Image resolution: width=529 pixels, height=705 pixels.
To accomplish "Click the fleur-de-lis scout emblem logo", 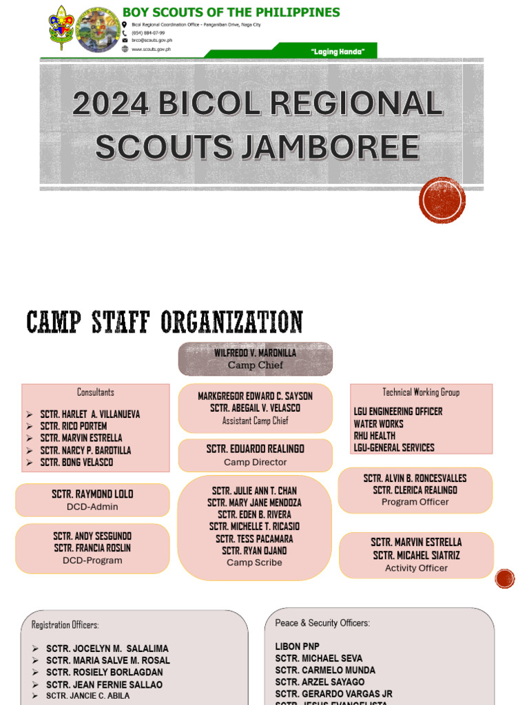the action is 61,28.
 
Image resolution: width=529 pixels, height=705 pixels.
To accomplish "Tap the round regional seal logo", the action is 98,30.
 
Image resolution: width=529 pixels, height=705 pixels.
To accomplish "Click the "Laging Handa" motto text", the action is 338,52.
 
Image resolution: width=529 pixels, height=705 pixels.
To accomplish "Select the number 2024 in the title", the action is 111,103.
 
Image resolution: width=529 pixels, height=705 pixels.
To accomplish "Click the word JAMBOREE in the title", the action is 333,147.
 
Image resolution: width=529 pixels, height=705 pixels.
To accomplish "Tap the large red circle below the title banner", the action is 442,200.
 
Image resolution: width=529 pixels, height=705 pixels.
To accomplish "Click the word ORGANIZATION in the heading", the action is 231,322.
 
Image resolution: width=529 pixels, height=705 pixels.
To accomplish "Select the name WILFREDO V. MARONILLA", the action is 255,353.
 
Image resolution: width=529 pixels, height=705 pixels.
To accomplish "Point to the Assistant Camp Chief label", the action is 255,421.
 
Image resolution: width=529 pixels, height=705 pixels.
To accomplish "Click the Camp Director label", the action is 255,462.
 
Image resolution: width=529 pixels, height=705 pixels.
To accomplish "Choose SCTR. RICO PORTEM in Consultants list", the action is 74,425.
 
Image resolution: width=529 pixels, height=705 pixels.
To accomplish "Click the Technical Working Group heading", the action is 421,392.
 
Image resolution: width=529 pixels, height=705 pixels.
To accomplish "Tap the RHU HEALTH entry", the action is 374,436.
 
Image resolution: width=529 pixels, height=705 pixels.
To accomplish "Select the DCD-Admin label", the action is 92,507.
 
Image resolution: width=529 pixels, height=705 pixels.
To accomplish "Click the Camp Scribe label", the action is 254,562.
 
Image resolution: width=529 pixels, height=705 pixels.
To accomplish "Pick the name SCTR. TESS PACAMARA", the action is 254,538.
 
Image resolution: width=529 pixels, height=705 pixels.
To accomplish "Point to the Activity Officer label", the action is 416,568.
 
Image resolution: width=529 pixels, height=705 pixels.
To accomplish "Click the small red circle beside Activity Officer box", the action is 505,578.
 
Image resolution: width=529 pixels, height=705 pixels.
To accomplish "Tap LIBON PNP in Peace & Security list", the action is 298,646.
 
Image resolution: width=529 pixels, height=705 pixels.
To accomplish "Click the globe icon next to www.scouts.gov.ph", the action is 125,49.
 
